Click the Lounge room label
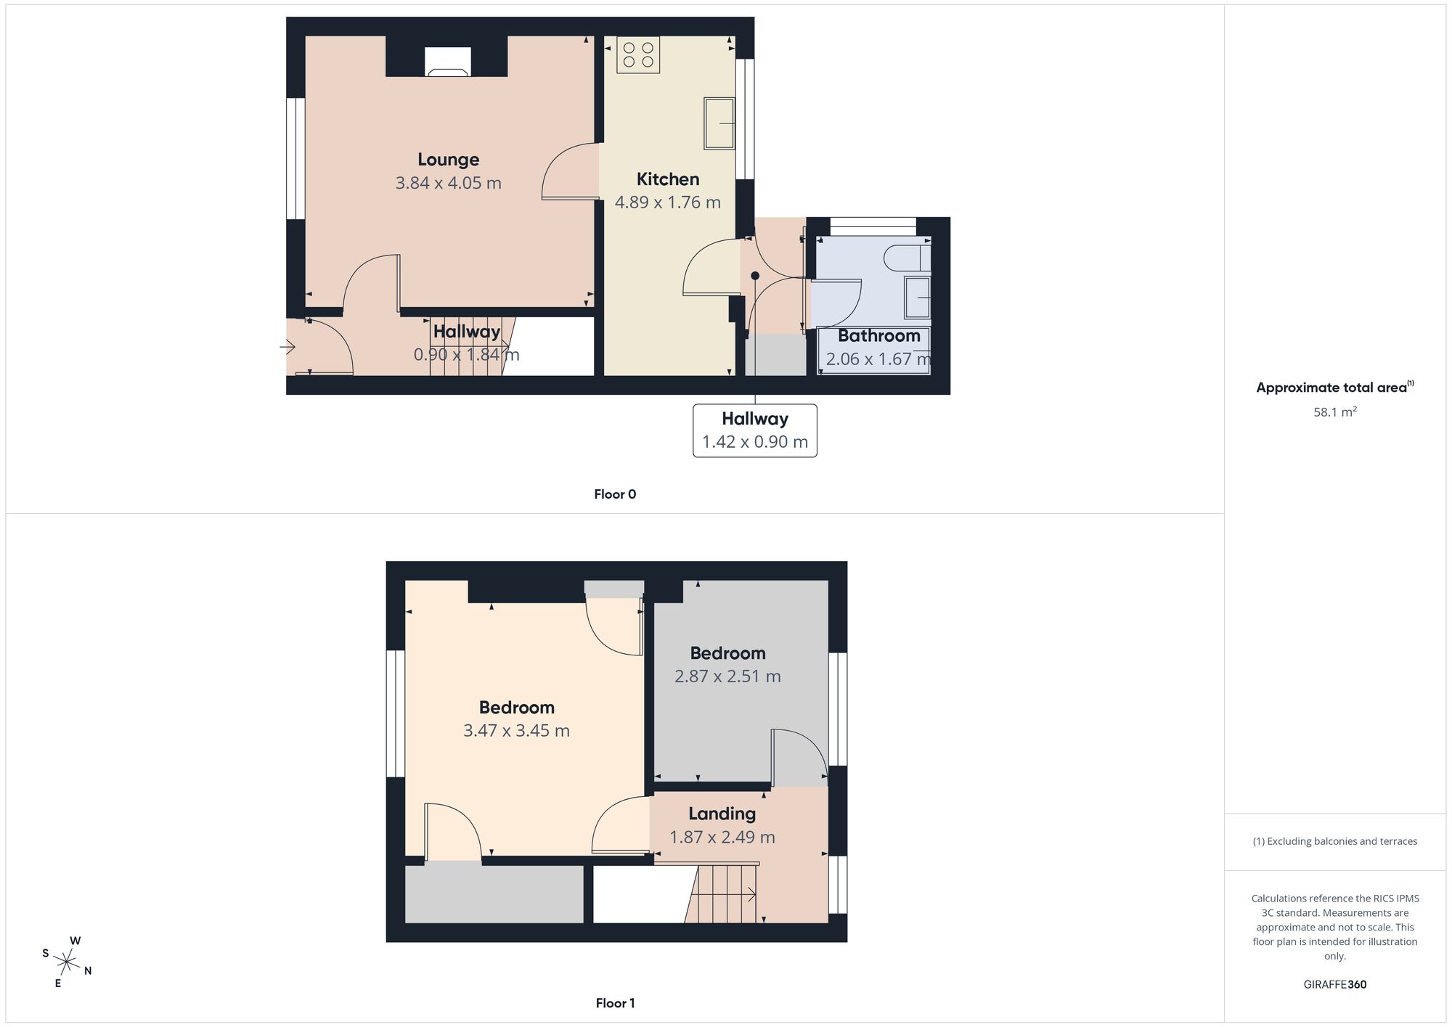point(448,160)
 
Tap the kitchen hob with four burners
point(638,54)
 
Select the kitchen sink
point(719,123)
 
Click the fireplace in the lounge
point(447,62)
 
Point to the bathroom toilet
point(908,258)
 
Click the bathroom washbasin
point(918,298)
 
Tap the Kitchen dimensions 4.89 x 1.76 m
point(668,202)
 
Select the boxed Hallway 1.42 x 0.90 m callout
point(755,430)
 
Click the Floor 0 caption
point(615,494)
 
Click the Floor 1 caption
point(615,1003)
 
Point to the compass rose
point(67,962)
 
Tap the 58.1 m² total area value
point(1335,412)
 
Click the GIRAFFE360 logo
point(1335,984)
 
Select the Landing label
point(722,814)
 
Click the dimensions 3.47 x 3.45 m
point(516,731)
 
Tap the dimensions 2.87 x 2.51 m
point(727,676)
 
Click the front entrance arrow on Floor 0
point(287,348)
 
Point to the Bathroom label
point(879,336)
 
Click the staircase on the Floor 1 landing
point(722,893)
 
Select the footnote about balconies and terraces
point(1335,841)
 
